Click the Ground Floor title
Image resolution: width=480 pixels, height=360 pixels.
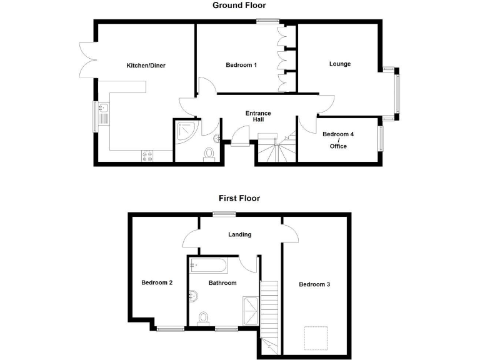239,6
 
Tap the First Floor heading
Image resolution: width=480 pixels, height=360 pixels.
239,199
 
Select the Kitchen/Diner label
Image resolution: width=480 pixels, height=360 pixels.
146,65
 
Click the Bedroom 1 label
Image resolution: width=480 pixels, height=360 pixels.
241,65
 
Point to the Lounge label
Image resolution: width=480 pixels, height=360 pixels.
340,64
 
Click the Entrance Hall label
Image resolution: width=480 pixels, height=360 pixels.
257,117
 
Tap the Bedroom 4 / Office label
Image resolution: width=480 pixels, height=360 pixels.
337,140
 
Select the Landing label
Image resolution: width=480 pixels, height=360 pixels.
240,235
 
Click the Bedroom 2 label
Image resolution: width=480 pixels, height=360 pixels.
157,282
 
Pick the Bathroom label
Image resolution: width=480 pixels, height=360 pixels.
222,283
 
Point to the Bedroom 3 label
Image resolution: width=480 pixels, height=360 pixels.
314,284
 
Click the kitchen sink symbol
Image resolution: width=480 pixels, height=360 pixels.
103,116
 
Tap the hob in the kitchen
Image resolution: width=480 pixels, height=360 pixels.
148,156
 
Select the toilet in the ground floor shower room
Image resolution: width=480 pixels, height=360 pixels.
210,153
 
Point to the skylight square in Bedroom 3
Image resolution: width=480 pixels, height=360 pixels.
315,337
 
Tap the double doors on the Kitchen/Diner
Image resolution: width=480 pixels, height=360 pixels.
87,59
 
